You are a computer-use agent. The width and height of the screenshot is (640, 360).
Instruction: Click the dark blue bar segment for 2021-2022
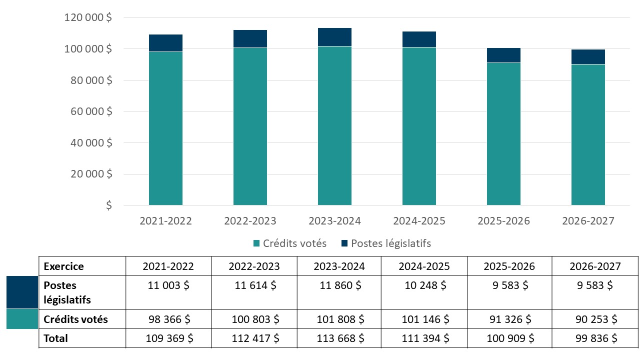pyautogui.click(x=165, y=43)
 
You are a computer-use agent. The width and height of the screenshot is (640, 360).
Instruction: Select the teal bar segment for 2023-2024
pyautogui.click(x=334, y=125)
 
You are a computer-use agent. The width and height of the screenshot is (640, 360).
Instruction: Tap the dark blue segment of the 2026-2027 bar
pyautogui.click(x=588, y=56)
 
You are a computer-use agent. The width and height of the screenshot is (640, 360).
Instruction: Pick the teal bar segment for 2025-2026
pyautogui.click(x=503, y=134)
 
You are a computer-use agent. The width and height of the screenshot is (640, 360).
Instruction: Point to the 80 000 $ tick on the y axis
pyautogui.click(x=88, y=80)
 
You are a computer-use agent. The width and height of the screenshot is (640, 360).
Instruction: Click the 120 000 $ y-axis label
pyautogui.click(x=88, y=17)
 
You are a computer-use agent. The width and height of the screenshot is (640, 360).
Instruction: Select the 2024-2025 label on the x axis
pyautogui.click(x=419, y=221)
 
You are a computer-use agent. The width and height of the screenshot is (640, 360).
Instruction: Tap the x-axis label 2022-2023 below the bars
pyautogui.click(x=250, y=221)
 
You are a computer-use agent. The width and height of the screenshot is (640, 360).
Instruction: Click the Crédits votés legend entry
pyautogui.click(x=290, y=243)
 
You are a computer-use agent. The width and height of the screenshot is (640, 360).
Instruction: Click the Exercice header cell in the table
pyautogui.click(x=64, y=266)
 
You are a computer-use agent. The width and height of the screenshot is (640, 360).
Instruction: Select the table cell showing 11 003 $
pyautogui.click(x=169, y=285)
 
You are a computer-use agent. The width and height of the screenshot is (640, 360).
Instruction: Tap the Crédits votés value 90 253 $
pyautogui.click(x=594, y=319)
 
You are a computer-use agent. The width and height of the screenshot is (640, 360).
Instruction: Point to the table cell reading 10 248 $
pyautogui.click(x=423, y=285)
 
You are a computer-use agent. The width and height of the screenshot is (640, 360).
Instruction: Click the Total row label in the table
pyautogui.click(x=56, y=338)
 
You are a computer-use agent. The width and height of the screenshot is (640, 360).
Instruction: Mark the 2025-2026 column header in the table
pyautogui.click(x=509, y=266)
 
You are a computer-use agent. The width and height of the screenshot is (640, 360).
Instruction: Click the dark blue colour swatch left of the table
pyautogui.click(x=22, y=292)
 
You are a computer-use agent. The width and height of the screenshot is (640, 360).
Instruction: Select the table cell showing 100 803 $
pyautogui.click(x=255, y=319)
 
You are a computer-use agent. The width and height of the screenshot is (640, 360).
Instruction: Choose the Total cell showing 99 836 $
pyautogui.click(x=594, y=338)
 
